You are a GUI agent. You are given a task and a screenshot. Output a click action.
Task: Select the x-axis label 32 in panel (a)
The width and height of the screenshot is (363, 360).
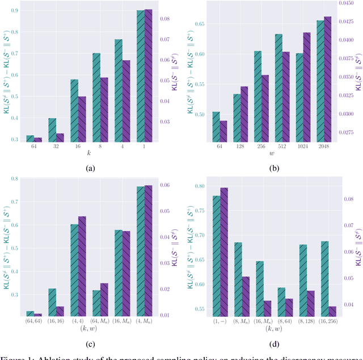[52, 147]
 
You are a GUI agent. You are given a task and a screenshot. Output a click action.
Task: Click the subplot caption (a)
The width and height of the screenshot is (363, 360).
[89, 168]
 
